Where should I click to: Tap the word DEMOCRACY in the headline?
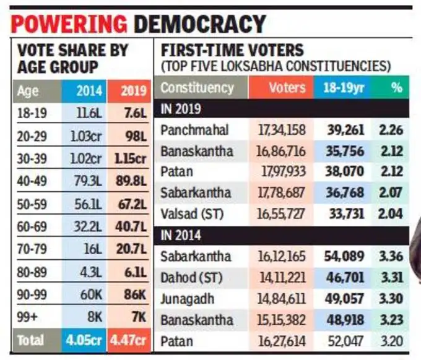[200, 24]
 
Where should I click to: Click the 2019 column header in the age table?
[130, 91]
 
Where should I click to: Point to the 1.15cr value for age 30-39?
[130, 158]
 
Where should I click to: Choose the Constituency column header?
[197, 88]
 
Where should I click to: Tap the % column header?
[396, 88]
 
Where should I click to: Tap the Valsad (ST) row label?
[191, 214]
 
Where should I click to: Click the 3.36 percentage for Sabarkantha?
[391, 257]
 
